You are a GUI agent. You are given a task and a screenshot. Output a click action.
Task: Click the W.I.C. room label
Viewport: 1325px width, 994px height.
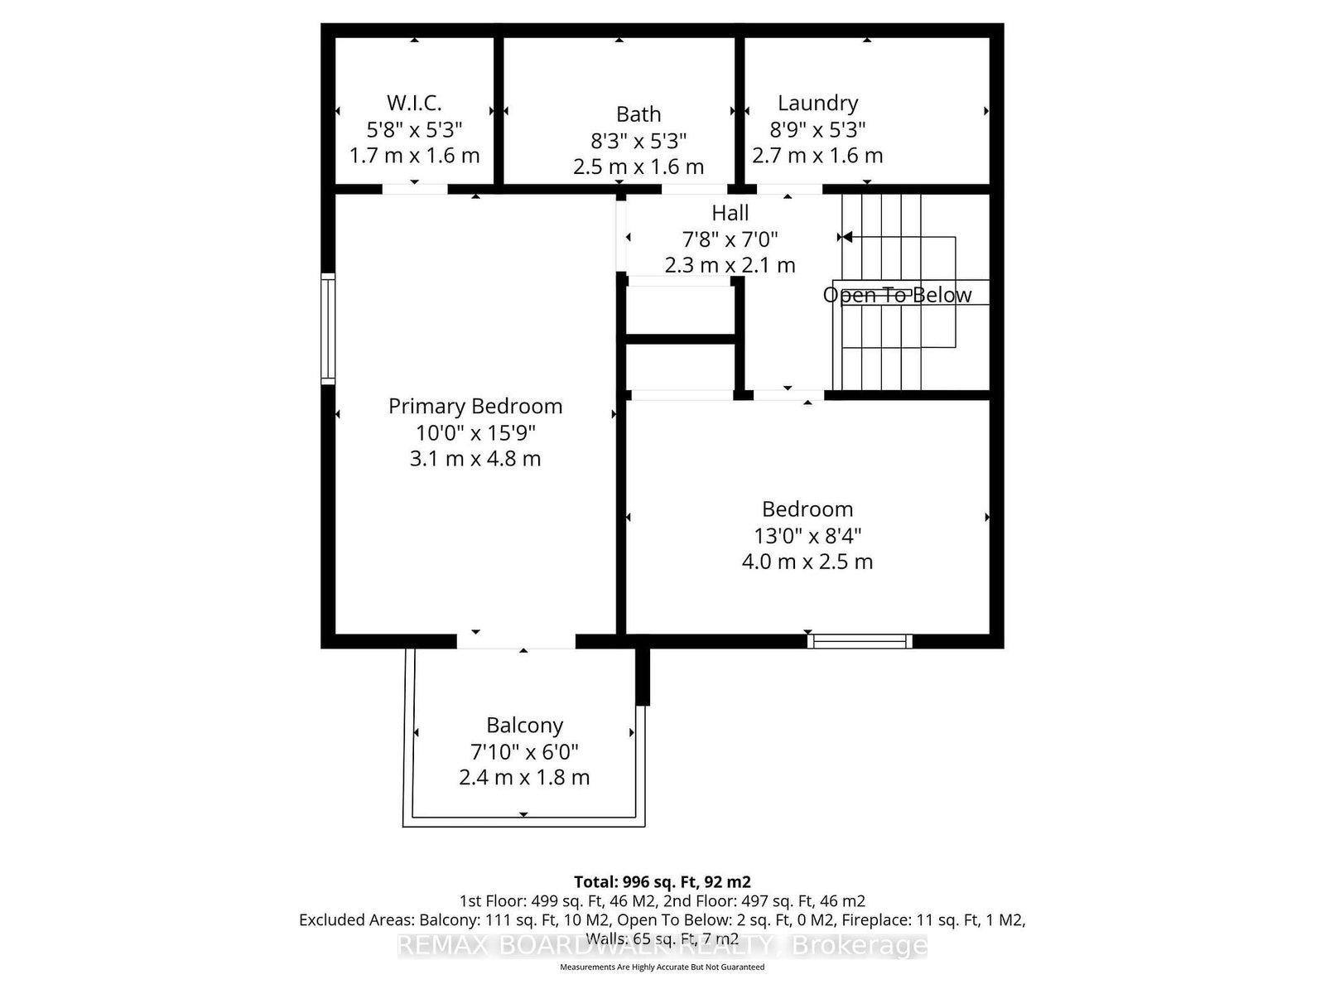(x=414, y=103)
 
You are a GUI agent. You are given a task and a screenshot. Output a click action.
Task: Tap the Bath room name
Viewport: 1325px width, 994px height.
(x=638, y=113)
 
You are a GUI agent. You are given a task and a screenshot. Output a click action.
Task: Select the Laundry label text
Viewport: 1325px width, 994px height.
(x=817, y=103)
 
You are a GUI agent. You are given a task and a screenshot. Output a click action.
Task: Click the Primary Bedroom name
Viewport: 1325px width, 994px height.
(x=475, y=406)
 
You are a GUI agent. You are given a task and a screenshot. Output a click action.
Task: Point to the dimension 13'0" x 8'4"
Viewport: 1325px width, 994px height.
(x=807, y=535)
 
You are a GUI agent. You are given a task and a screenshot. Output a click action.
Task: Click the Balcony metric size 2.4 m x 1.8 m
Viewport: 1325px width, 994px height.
(x=524, y=778)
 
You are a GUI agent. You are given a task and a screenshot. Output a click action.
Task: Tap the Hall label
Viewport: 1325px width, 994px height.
(x=730, y=213)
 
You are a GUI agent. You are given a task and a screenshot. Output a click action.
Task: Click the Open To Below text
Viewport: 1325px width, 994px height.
(x=897, y=295)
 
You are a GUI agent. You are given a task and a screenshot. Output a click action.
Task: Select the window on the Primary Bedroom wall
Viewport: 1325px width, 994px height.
(x=328, y=329)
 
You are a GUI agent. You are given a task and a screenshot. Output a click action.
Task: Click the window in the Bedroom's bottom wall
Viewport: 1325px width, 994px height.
(x=860, y=640)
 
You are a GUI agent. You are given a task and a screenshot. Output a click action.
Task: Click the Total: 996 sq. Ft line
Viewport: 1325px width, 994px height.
(x=662, y=881)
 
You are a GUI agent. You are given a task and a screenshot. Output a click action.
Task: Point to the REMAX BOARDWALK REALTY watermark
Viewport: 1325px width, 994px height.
(x=662, y=945)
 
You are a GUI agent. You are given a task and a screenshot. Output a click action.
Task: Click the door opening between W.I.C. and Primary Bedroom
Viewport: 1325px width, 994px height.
(x=414, y=189)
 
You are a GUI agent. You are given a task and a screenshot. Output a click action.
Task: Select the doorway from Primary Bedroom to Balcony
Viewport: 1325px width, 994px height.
(x=516, y=640)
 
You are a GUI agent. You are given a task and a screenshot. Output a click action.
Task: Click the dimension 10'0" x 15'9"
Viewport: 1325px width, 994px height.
(x=475, y=432)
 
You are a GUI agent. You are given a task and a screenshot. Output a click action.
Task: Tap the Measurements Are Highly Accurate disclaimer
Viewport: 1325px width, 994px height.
(x=662, y=967)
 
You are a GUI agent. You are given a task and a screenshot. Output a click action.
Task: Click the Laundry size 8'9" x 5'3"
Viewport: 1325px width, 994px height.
(x=817, y=129)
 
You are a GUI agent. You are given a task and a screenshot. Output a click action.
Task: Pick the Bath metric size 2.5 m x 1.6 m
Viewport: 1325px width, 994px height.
(x=638, y=166)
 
